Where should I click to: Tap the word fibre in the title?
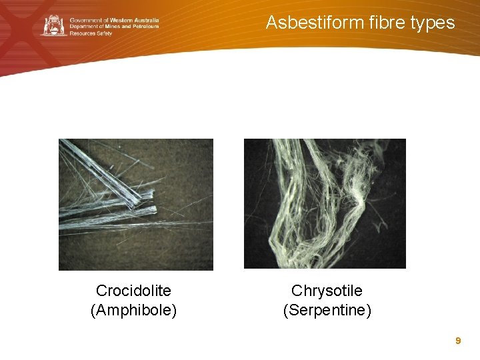[x=381, y=23]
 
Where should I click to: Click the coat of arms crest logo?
[x=54, y=25]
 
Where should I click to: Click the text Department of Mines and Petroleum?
[x=114, y=26]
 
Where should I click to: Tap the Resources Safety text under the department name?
[x=91, y=33]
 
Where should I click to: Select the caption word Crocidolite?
[x=133, y=291]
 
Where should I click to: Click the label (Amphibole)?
[x=133, y=310]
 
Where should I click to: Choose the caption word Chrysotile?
[x=327, y=291]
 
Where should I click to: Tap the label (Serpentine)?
[x=327, y=310]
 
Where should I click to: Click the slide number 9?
[x=458, y=341]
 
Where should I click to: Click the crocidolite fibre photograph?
[x=136, y=204]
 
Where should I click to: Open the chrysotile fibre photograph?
[x=325, y=203]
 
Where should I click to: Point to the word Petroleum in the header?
[x=145, y=26]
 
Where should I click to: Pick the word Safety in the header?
[x=103, y=33]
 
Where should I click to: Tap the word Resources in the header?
[x=82, y=33]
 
